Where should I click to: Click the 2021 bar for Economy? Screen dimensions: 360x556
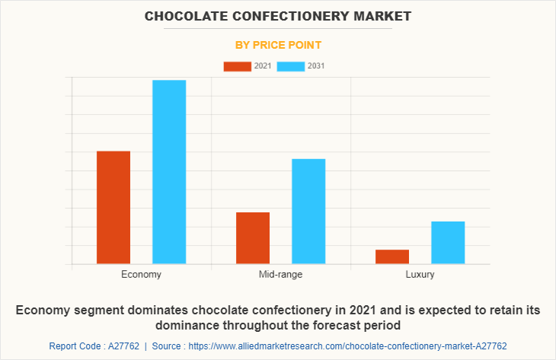pos(113,207)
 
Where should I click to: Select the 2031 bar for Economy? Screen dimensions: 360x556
pos(169,172)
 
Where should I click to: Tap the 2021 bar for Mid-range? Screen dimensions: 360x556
pos(253,237)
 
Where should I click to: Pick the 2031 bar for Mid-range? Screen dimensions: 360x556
pos(308,211)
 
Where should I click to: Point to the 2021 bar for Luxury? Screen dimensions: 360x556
pos(392,256)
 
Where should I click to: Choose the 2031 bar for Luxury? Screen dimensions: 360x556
pos(448,242)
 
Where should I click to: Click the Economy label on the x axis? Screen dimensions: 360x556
pos(141,274)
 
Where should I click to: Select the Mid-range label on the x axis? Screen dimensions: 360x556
pos(280,274)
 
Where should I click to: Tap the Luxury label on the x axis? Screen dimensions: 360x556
pos(420,274)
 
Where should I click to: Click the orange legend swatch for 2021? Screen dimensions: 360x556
pos(237,66)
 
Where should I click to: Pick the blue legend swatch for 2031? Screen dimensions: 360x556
pos(291,66)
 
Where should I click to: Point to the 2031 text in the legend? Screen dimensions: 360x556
pos(316,66)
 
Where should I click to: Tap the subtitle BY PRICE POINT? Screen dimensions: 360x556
pos(278,45)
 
